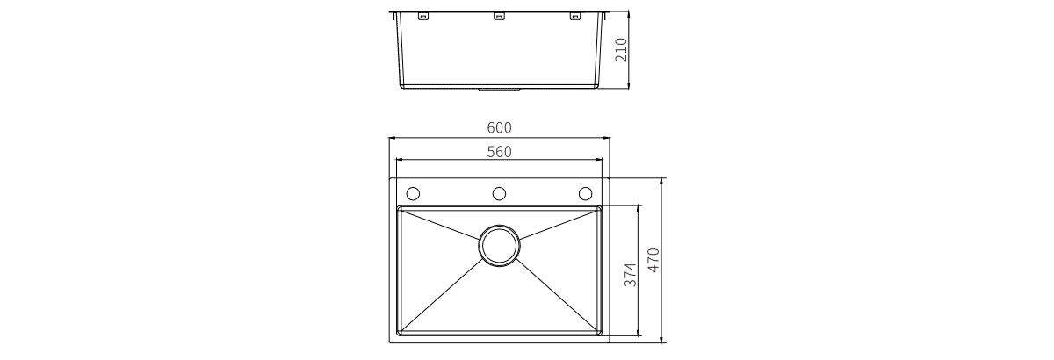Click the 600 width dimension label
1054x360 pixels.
[499, 127]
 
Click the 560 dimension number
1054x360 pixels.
[499, 152]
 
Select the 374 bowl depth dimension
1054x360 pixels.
[630, 274]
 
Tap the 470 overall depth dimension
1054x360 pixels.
[654, 260]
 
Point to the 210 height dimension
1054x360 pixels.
[621, 50]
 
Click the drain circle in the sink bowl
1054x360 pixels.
[499, 245]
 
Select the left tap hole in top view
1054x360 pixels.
[413, 193]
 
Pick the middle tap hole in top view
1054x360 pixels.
[499, 193]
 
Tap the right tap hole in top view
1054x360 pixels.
[585, 193]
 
